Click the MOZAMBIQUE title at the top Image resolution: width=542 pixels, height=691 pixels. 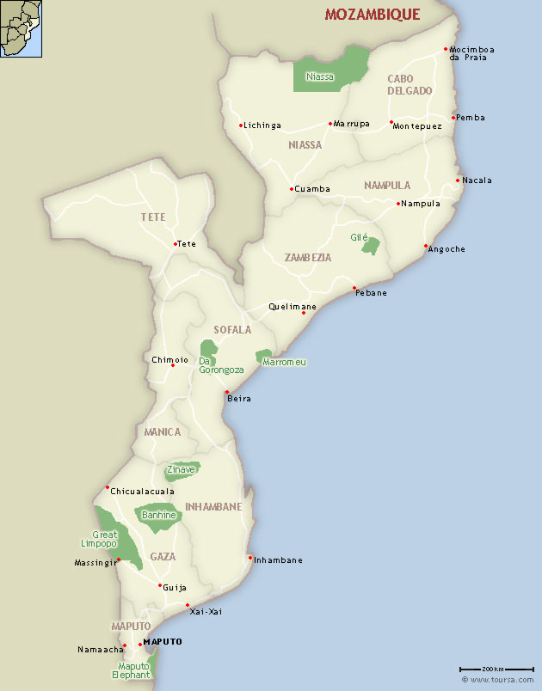pos(373,15)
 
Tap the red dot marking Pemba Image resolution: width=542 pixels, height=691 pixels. pos(453,118)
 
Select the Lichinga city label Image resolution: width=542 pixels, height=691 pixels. pos(262,125)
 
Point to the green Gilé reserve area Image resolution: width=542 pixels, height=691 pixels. pos(371,247)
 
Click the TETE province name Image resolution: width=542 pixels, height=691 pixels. pos(153,217)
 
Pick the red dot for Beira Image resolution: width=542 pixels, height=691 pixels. pos(227,393)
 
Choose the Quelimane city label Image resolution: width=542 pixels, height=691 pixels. pos(292,307)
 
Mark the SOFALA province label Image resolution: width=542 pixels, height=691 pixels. pos(232,329)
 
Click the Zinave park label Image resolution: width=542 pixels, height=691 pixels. pos(182,470)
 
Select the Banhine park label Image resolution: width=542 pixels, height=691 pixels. pos(158,515)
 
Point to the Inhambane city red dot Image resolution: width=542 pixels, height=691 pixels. pos(250,558)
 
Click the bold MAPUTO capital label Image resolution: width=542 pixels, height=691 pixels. pos(163,642)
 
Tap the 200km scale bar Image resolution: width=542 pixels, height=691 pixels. pos(478,669)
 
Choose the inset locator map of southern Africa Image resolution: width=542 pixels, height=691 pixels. pos(21,28)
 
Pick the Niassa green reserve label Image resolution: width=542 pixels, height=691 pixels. pos(319,76)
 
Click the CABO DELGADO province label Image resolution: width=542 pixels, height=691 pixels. pos(410,84)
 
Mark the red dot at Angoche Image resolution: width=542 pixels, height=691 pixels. pos(426,247)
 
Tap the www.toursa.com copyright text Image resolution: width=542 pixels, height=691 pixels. pos(498,680)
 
